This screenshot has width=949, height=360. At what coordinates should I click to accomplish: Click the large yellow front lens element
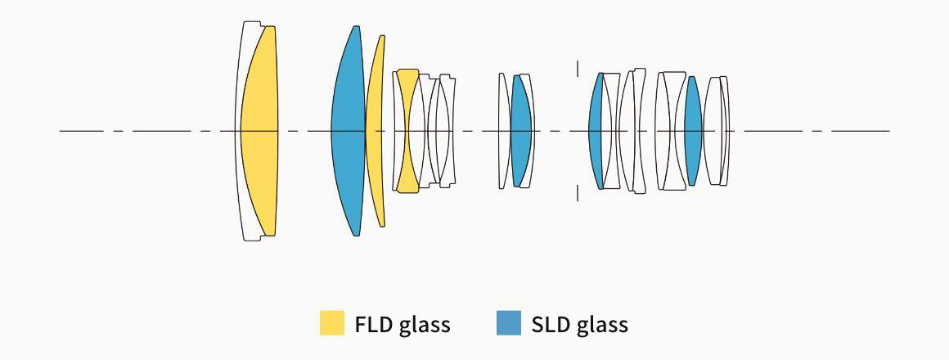(x=259, y=131)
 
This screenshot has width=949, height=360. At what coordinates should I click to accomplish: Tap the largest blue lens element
(x=348, y=131)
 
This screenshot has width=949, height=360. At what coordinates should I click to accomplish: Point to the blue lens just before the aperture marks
(x=521, y=131)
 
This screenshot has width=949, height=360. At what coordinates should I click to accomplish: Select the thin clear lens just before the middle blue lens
(x=504, y=131)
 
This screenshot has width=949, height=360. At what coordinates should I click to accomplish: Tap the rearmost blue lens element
(x=693, y=131)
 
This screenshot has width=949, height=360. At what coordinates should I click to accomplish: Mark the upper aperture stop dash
(x=578, y=68)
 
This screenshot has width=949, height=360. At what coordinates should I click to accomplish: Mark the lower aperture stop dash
(x=578, y=193)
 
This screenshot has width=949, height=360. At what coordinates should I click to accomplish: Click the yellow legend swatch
(x=331, y=323)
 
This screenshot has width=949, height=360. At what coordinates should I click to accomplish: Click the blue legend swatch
(x=508, y=323)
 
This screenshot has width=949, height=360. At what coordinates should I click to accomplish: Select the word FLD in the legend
(x=374, y=324)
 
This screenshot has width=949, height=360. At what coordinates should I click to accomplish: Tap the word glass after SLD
(x=602, y=325)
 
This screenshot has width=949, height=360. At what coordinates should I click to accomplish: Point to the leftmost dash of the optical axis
(x=81, y=131)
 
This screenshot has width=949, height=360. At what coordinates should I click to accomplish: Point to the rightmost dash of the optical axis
(x=860, y=131)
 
